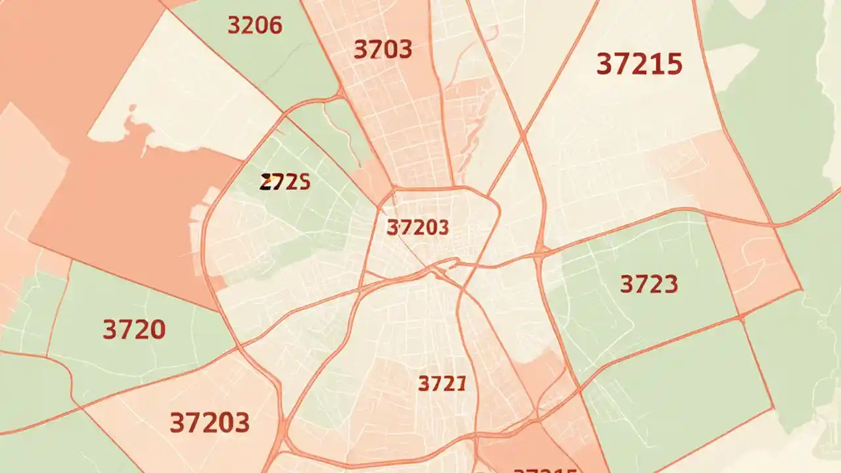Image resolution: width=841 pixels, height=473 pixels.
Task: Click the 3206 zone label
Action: [x=254, y=25]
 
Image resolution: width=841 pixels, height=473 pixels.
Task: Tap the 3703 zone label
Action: [x=382, y=49]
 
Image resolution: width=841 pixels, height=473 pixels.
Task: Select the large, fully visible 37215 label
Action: [x=639, y=64]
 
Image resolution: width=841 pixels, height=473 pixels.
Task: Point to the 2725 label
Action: [x=285, y=182]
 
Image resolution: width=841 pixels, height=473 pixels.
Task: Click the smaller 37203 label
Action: [x=418, y=228]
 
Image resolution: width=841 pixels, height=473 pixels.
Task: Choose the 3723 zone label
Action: [x=648, y=284]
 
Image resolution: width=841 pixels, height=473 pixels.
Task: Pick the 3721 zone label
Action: [x=442, y=383]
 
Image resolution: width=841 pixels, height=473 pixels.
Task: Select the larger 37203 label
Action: [x=209, y=422]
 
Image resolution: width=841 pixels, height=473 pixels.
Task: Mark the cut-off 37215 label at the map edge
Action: [x=545, y=469]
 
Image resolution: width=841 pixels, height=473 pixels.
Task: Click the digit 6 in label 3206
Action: [x=274, y=25]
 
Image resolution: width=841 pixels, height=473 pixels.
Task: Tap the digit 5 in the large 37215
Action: [x=671, y=64]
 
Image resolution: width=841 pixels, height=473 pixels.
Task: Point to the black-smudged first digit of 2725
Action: [x=266, y=183]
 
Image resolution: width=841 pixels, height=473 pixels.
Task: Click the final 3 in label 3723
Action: [x=669, y=284]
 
